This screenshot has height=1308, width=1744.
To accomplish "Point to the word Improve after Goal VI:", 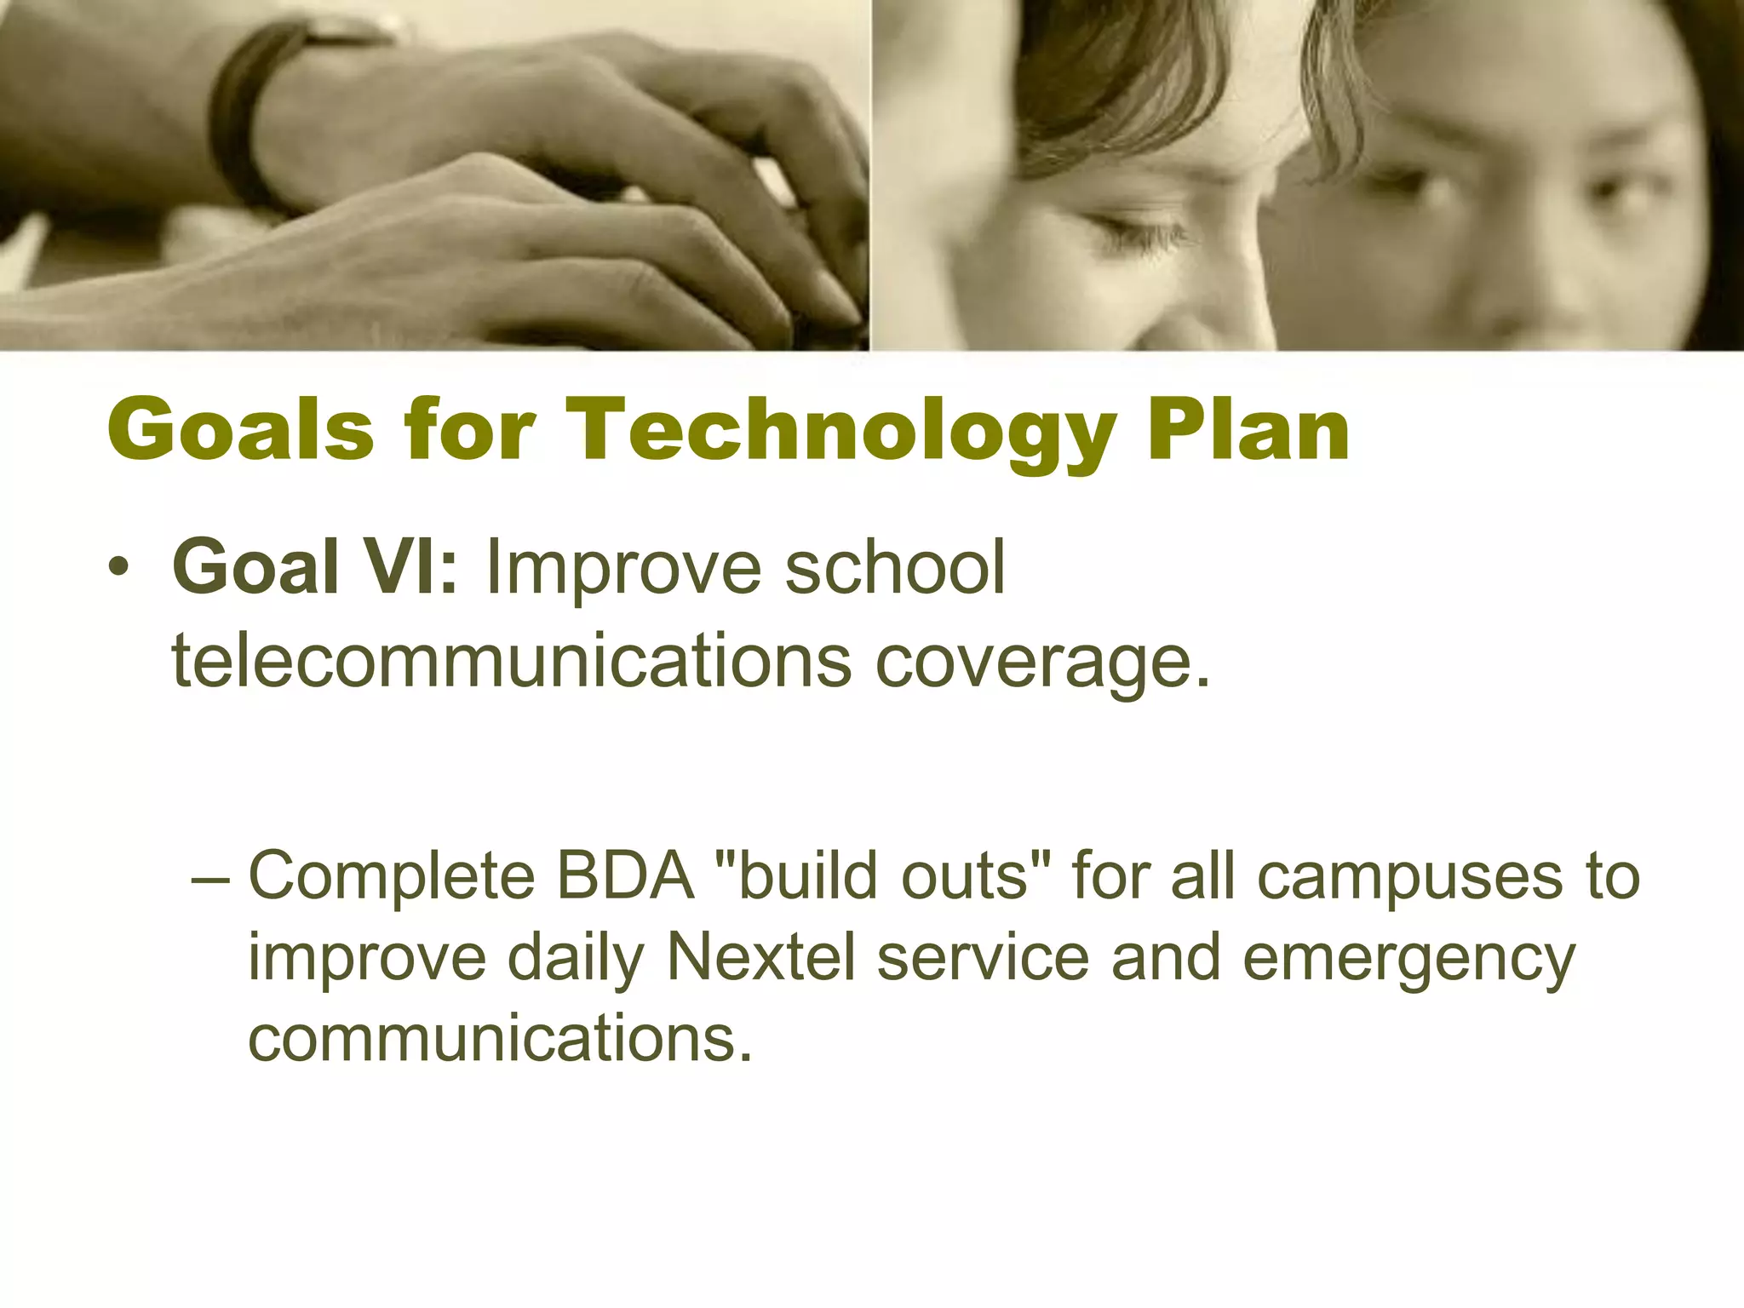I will (x=622, y=569).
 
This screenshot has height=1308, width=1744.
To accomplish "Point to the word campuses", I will (x=1409, y=877).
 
